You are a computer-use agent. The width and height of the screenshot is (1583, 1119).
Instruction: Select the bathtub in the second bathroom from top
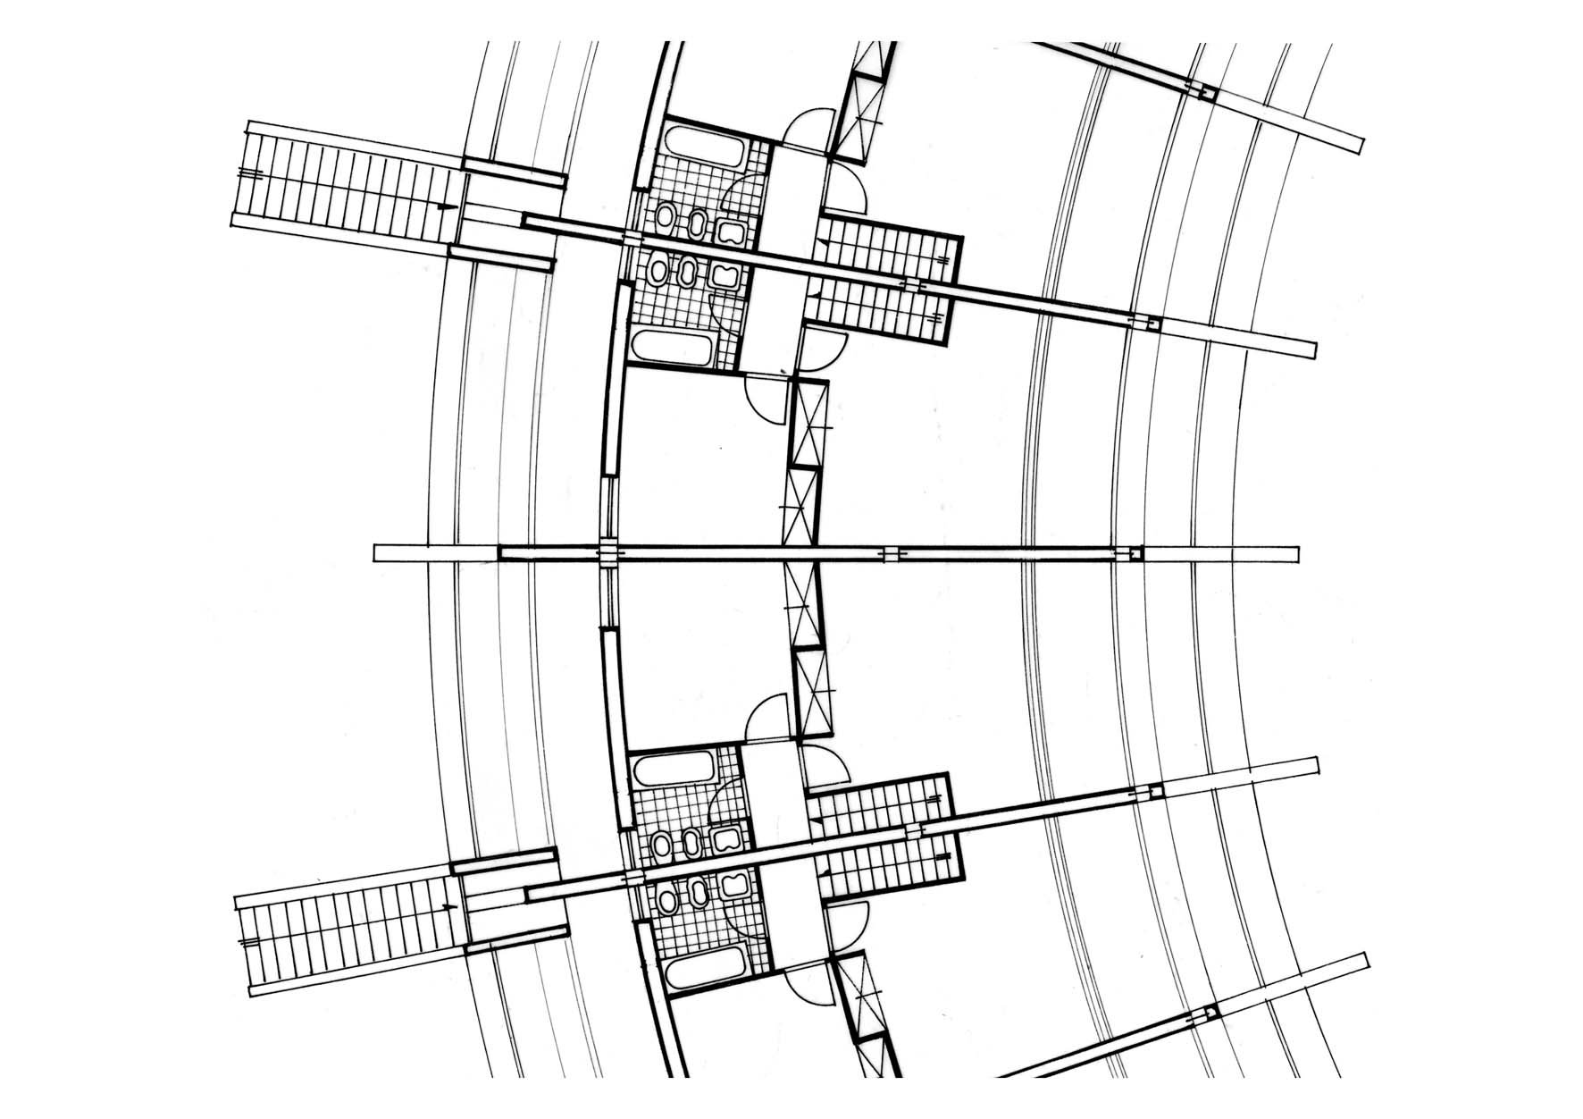coord(672,347)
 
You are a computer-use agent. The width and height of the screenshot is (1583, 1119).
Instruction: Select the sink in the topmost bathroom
coord(731,234)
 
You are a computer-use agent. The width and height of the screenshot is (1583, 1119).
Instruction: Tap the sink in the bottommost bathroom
coord(734,886)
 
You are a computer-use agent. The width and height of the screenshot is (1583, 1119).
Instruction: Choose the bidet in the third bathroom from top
coord(690,840)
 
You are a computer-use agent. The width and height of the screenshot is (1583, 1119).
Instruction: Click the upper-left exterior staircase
coord(344,186)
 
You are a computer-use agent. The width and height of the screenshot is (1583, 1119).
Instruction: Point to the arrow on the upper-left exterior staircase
coord(440,207)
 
